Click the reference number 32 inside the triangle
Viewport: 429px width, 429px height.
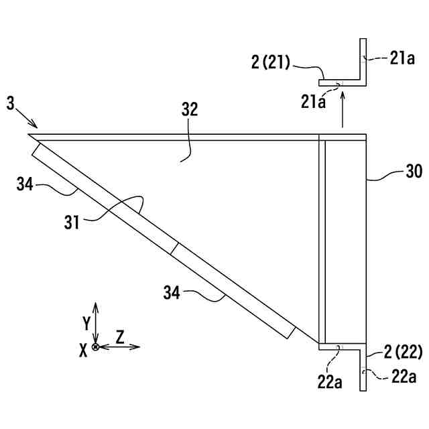[x=190, y=111]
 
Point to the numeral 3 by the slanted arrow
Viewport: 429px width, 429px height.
[x=10, y=103]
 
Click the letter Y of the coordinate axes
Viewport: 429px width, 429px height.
[x=86, y=323]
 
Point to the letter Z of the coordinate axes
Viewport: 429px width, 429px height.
[x=120, y=336]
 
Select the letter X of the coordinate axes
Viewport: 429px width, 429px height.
[x=83, y=350]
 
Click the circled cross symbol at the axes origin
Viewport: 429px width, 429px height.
[x=96, y=347]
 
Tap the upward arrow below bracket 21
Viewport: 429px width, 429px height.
[x=343, y=110]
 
